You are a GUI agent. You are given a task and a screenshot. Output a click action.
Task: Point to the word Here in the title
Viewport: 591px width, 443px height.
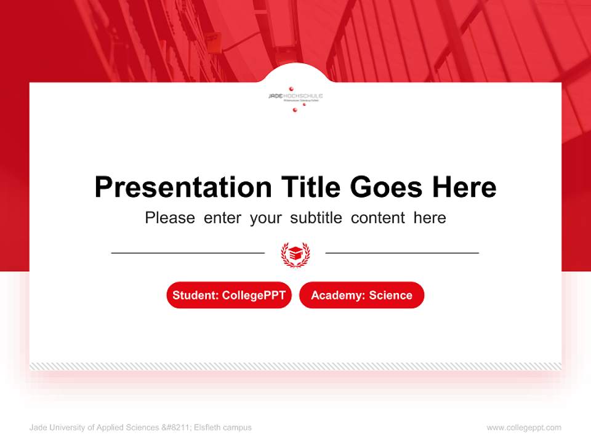(464, 186)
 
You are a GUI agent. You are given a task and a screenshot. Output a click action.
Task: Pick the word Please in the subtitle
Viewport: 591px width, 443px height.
(170, 218)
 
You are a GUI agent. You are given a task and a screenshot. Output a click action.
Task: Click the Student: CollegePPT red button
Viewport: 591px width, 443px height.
(229, 295)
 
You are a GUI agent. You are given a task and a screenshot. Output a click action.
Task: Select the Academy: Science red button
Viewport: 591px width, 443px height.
(361, 295)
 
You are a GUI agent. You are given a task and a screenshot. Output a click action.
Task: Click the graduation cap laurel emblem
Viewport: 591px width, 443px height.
(295, 253)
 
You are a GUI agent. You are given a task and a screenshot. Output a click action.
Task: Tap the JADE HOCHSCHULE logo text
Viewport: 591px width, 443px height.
(295, 96)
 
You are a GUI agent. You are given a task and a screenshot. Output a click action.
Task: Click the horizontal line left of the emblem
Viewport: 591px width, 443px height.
(188, 252)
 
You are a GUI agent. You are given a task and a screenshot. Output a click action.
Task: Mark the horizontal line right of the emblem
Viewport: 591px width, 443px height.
(402, 252)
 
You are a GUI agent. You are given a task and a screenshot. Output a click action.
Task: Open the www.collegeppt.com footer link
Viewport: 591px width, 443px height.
(524, 428)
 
